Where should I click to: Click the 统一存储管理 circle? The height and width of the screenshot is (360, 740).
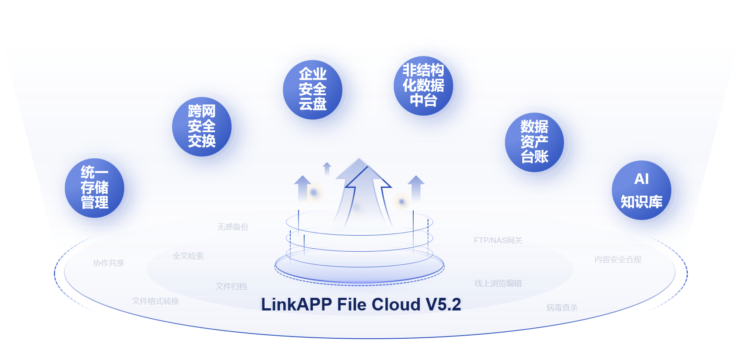click(x=94, y=188)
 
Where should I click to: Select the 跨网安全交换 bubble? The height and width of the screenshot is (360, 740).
click(x=202, y=127)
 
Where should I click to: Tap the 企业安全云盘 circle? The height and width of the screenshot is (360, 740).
click(x=312, y=90)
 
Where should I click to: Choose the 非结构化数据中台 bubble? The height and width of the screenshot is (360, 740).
click(x=423, y=86)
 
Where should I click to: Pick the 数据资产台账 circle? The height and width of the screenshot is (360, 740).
click(x=534, y=142)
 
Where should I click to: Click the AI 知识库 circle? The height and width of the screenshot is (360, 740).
click(x=641, y=190)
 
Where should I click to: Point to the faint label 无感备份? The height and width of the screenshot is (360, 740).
click(x=233, y=227)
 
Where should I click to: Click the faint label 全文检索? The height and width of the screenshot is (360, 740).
click(x=188, y=256)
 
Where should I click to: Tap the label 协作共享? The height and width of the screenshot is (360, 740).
click(x=109, y=263)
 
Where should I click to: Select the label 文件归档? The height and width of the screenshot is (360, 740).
click(x=231, y=287)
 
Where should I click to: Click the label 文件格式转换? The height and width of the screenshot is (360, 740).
click(x=156, y=301)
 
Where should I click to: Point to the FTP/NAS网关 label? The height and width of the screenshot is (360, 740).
click(x=498, y=240)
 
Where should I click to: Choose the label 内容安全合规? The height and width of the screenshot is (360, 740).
click(x=618, y=260)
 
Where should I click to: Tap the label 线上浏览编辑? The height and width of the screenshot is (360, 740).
click(x=498, y=283)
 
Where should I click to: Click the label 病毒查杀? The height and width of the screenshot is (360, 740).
click(x=562, y=308)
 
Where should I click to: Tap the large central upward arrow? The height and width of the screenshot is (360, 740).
click(x=363, y=191)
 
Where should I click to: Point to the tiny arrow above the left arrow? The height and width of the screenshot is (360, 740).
click(x=327, y=168)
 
